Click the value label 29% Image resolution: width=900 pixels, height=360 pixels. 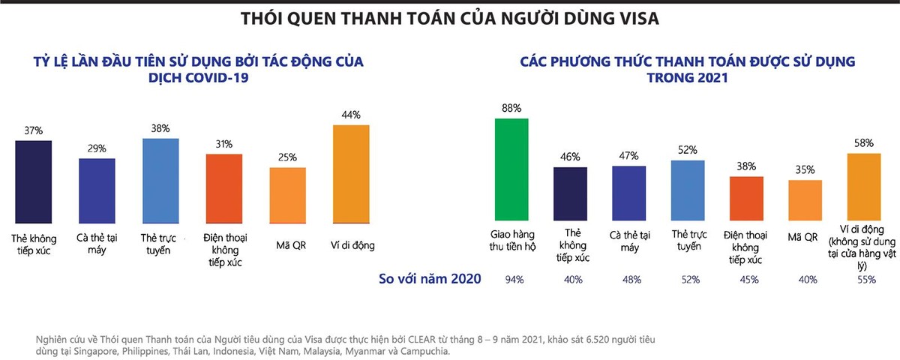point(97,149)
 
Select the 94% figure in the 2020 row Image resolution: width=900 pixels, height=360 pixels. point(514,279)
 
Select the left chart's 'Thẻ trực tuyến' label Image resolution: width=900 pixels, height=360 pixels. point(160,244)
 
